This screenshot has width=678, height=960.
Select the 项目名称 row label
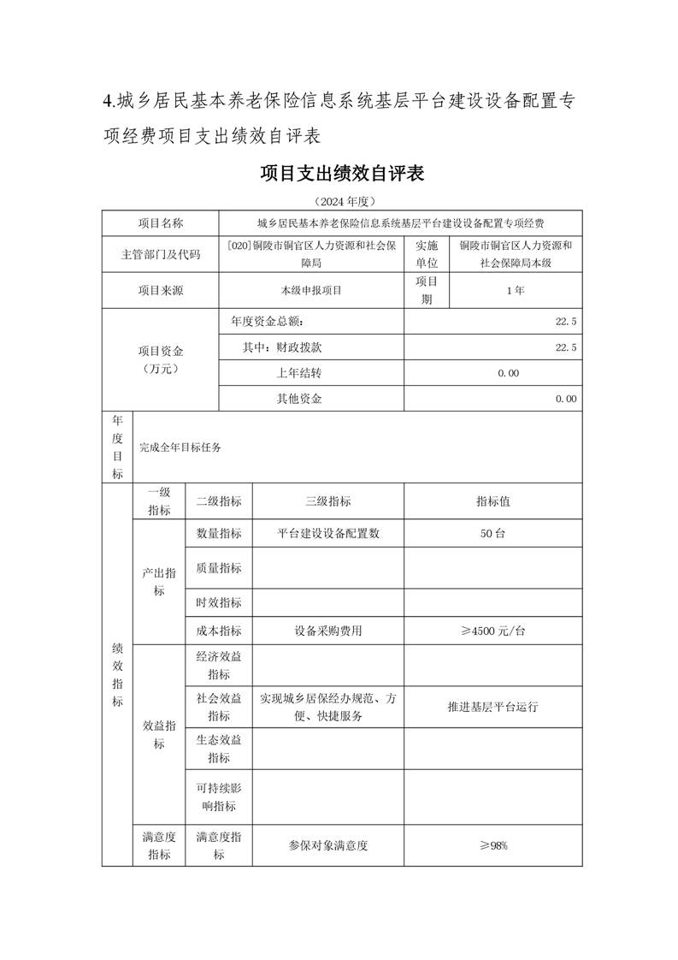tap(161, 223)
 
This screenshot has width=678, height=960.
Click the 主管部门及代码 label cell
tap(161, 254)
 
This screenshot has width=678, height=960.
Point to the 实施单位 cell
tap(426, 254)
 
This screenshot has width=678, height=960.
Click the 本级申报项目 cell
tap(310, 290)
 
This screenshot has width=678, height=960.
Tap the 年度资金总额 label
tap(267, 322)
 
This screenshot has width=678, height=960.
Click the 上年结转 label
tap(298, 373)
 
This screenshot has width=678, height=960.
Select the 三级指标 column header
tap(327, 501)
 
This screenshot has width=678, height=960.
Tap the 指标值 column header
tap(493, 501)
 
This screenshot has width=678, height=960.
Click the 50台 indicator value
tap(493, 533)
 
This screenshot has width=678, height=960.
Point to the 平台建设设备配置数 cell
tap(327, 533)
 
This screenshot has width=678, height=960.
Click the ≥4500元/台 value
tap(493, 631)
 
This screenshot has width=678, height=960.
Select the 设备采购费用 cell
tap(327, 631)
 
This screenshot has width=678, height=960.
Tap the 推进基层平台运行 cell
tap(493, 708)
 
